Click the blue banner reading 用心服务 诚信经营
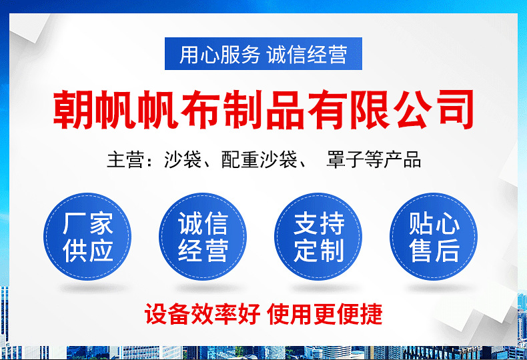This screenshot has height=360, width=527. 263,54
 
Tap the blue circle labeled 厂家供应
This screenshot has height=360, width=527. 87,237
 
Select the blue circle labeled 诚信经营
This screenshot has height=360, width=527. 203,237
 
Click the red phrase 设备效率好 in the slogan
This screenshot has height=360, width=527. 202,313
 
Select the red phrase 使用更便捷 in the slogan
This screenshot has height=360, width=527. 325,313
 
